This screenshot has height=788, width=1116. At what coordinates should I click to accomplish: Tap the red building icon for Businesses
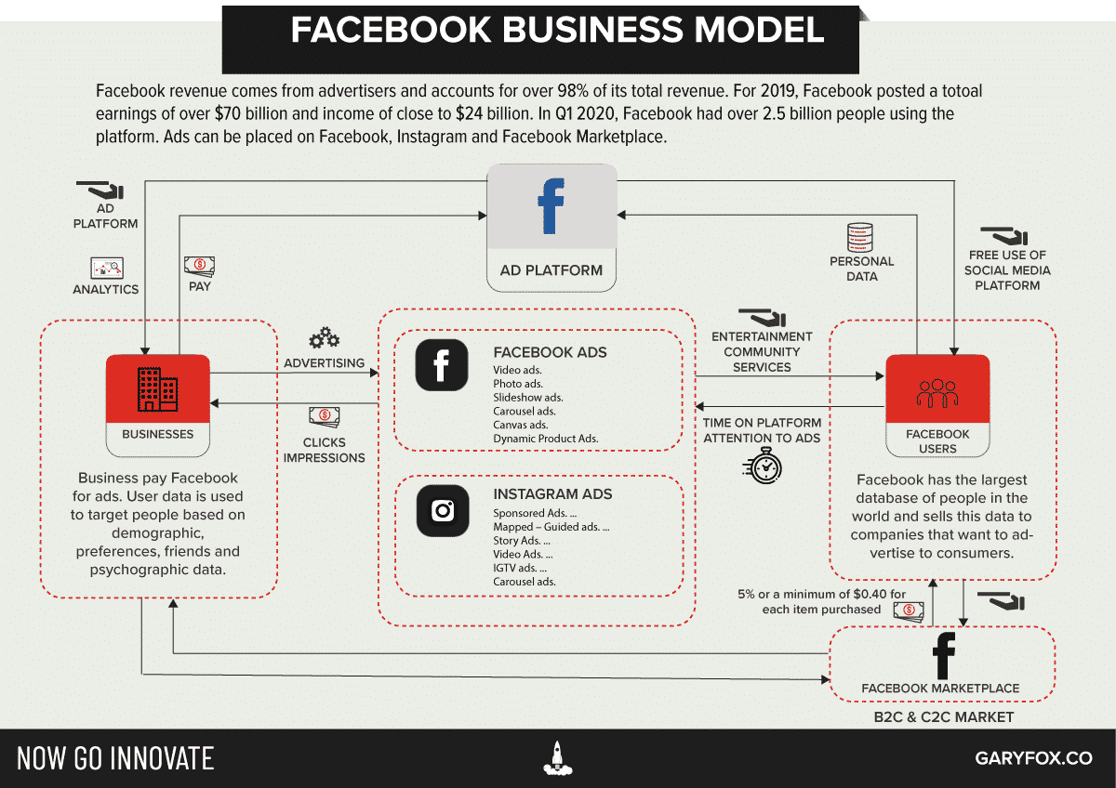click(157, 388)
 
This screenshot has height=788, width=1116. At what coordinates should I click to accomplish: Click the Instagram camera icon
click(442, 510)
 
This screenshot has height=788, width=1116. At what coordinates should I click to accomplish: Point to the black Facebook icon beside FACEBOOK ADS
click(442, 364)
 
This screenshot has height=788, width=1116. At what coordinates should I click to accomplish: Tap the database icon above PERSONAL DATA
click(860, 236)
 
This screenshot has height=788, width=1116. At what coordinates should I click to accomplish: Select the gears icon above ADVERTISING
click(324, 336)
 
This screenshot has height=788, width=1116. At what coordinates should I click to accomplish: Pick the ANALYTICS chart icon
click(106, 269)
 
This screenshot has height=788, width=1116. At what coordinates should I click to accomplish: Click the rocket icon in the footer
click(557, 757)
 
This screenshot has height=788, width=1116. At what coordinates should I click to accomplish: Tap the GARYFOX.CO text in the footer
click(1033, 758)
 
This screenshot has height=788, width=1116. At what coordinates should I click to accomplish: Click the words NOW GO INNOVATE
click(115, 758)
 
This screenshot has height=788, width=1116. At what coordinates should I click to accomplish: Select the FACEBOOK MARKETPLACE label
click(940, 689)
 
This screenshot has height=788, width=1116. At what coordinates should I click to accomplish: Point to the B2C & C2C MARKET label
click(943, 717)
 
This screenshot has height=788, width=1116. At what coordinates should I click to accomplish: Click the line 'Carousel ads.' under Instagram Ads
click(524, 582)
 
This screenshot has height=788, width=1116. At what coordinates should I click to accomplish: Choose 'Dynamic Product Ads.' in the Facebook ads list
click(545, 439)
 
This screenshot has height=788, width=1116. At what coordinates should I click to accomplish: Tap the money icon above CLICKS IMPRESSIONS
click(324, 416)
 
